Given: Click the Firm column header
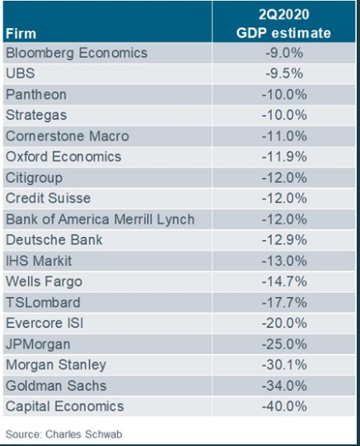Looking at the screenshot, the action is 21,34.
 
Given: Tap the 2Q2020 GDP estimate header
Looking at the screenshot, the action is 283,24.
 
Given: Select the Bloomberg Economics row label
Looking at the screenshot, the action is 77,53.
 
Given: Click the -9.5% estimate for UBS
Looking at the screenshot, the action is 284,74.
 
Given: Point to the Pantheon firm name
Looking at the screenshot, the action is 36,95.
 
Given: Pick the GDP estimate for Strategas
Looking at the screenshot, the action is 284,115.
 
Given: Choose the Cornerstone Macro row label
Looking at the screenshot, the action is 68,136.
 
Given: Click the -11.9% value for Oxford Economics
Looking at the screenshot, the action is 284,156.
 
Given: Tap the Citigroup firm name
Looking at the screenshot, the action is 34,178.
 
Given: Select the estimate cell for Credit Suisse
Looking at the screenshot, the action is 284,198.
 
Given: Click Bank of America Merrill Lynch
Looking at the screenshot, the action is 101,220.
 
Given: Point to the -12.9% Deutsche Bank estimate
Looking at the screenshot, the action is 284,239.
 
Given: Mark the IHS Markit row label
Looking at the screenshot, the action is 39,261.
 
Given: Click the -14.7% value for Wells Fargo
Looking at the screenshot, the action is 284,281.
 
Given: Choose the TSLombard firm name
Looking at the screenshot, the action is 43,302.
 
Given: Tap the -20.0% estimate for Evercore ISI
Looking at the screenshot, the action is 284,323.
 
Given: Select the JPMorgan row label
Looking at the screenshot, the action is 38,345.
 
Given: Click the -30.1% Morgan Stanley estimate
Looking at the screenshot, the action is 284,365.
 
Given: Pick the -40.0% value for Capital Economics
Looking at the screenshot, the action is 284,407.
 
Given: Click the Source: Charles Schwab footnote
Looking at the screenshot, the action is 63,434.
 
